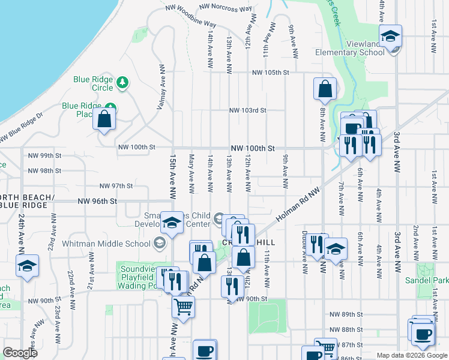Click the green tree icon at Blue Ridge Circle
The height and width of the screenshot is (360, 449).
(122, 81)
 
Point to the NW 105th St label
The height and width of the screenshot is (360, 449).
(271, 73)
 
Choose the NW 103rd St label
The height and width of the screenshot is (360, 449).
(247, 110)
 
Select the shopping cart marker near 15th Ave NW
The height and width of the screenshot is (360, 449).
(184, 307)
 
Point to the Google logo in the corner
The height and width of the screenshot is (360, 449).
(20, 353)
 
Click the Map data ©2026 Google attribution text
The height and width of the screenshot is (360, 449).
(412, 355)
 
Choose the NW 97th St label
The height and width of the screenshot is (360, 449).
(116, 186)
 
